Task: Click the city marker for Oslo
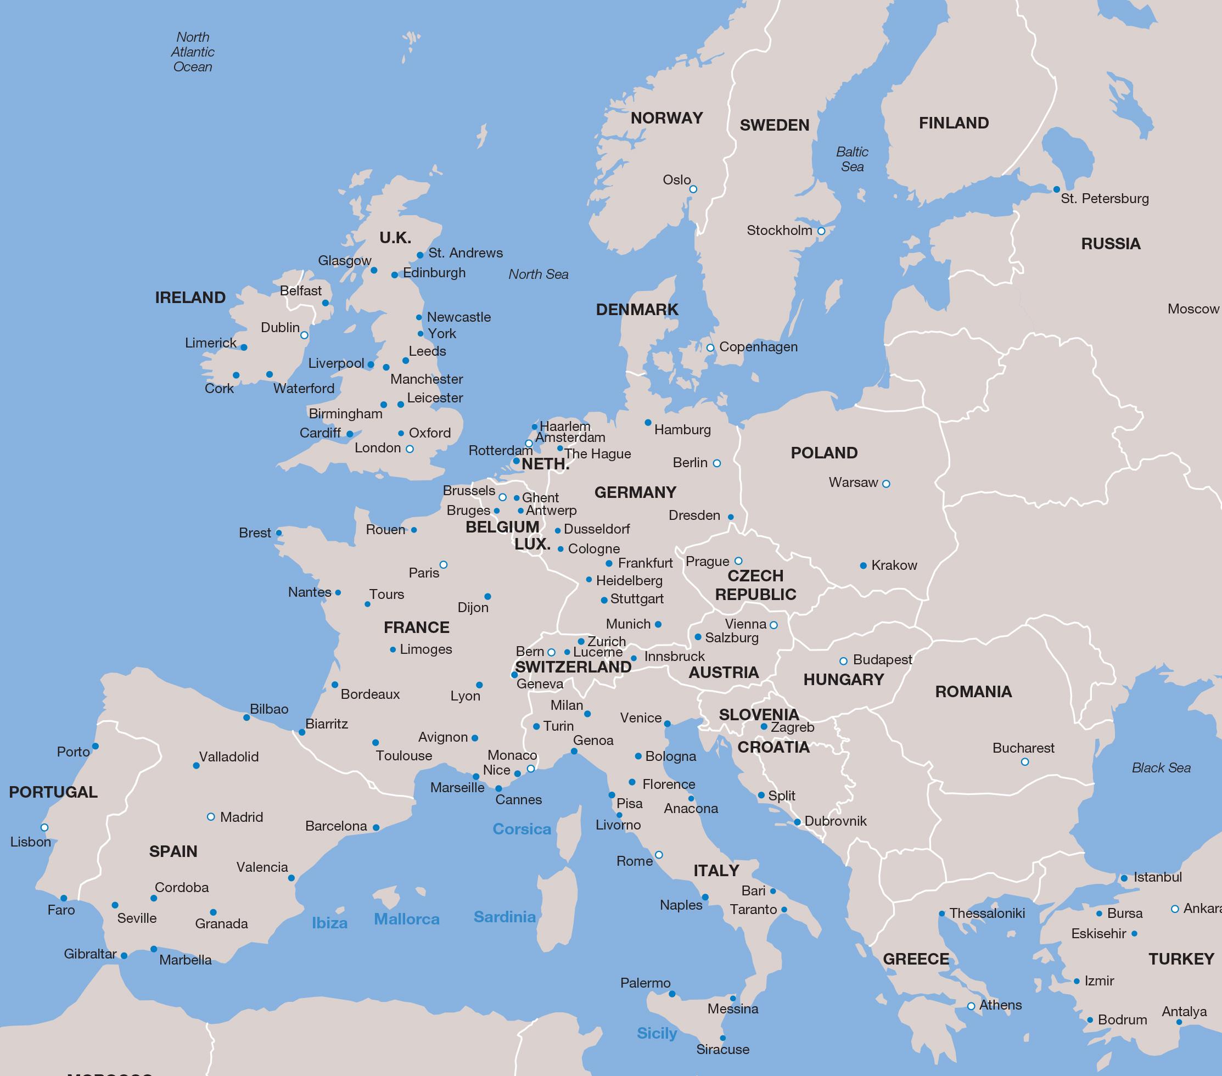pyautogui.click(x=693, y=189)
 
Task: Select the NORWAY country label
pyautogui.click(x=666, y=118)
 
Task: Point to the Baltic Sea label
pyautogui.click(x=852, y=159)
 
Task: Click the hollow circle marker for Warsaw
pyautogui.click(x=886, y=484)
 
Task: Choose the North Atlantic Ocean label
pyautogui.click(x=193, y=52)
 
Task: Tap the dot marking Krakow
pyautogui.click(x=864, y=565)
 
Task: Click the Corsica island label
pyautogui.click(x=522, y=829)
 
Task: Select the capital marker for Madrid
pyautogui.click(x=210, y=816)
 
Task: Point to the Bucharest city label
pyautogui.click(x=1023, y=748)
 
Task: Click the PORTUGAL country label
pyautogui.click(x=53, y=792)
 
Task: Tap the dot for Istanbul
pyautogui.click(x=1124, y=878)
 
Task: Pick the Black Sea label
pyautogui.click(x=1161, y=767)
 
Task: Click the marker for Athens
pyautogui.click(x=971, y=1006)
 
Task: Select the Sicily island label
pyautogui.click(x=657, y=1033)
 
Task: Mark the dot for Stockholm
pyautogui.click(x=821, y=231)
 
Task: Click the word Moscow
pyautogui.click(x=1193, y=309)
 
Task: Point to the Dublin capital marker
pyautogui.click(x=304, y=335)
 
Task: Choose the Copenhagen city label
pyautogui.click(x=758, y=347)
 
